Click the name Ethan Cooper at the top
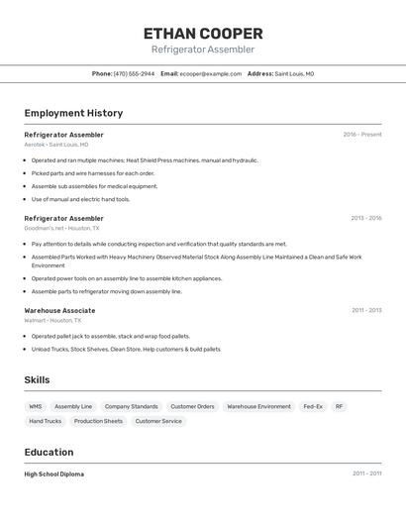point(203,33)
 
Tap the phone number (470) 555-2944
point(134,73)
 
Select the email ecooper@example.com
point(210,73)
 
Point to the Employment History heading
point(73,113)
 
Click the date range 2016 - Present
point(361,135)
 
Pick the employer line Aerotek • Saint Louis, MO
point(55,145)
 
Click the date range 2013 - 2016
point(365,218)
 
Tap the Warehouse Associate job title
point(59,310)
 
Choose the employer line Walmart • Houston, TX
point(52,320)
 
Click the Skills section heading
point(37,379)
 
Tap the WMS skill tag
point(36,406)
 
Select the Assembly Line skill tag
point(73,406)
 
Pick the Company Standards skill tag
point(131,406)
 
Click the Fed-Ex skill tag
point(313,406)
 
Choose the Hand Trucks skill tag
point(45,421)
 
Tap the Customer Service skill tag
point(158,421)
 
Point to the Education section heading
point(49,452)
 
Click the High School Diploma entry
point(53,474)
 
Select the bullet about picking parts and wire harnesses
point(92,173)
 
